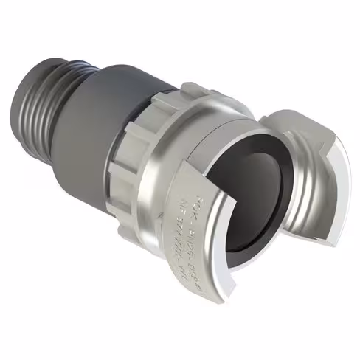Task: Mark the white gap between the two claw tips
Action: tap(258, 258)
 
